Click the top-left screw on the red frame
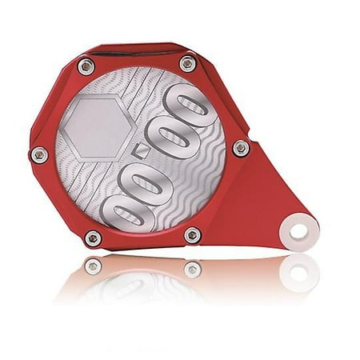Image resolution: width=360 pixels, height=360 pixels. click(x=86, y=66)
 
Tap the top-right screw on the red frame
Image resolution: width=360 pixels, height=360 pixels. click(x=187, y=62)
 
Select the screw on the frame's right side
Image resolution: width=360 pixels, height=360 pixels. click(x=240, y=148)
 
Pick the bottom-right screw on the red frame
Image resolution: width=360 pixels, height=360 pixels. click(x=193, y=235)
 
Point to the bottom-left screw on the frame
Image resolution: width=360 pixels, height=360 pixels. click(x=93, y=238)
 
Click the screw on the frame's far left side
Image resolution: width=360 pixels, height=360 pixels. click(x=38, y=154)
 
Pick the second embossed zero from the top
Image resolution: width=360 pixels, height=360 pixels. click(x=170, y=140)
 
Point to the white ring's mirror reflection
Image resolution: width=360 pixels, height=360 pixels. click(x=298, y=272)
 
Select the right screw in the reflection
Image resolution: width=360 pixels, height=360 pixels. click(x=192, y=269)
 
